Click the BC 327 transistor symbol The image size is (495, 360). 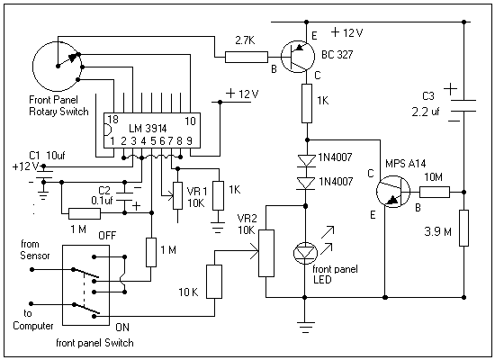tap(297, 57)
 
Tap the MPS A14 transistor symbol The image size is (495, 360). tap(393, 192)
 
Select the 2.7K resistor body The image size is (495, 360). tap(247, 58)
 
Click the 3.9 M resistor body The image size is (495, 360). tap(463, 228)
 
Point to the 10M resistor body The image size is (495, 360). tap(435, 192)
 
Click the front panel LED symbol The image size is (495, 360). tap(305, 253)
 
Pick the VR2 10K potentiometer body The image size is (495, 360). tap(266, 253)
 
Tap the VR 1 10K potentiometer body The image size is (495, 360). tap(177, 196)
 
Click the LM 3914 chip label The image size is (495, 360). tap(148, 128)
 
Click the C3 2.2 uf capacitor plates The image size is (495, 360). tap(463, 106)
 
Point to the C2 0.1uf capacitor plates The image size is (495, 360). tap(125, 196)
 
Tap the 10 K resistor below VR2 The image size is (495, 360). tap(214, 282)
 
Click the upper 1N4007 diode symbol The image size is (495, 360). tap(306, 160)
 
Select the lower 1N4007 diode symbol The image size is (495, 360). tap(306, 184)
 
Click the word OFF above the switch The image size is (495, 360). tap(107, 236)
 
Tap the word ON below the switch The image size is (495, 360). tap(122, 328)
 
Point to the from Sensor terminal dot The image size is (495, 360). tap(31, 269)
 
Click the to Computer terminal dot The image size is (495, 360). tap(31, 304)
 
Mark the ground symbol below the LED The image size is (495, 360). tap(305, 328)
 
